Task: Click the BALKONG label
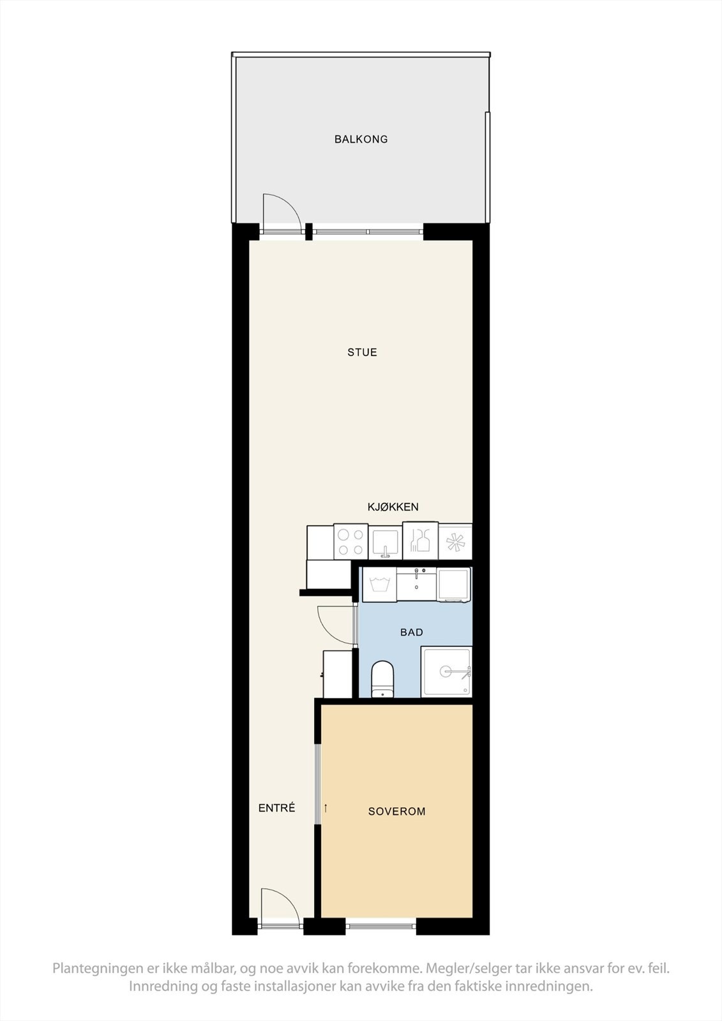coord(361,139)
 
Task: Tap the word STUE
coord(362,352)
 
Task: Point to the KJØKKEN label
coord(393,507)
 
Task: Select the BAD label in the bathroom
coord(412,632)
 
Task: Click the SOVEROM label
coord(396,812)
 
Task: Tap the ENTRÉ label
coord(276,808)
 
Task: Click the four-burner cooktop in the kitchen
coord(350,542)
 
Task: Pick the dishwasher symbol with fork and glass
coord(420,542)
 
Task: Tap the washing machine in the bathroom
coord(379,584)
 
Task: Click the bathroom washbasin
coord(416,583)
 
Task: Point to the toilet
coord(382,679)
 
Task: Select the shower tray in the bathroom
coord(446,672)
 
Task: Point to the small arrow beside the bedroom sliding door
coord(326,809)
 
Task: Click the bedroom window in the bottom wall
coord(380,926)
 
